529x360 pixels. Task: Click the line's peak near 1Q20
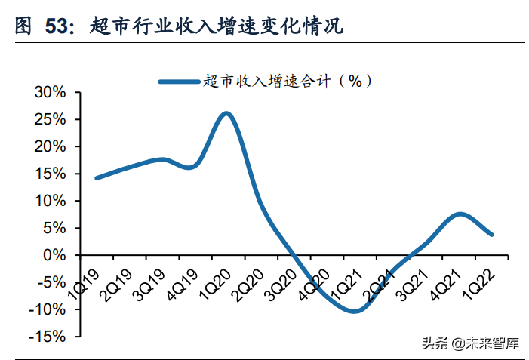pyautogui.click(x=226, y=114)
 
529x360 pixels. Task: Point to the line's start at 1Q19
pyautogui.click(x=97, y=178)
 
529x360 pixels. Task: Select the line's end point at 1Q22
pyautogui.click(x=492, y=234)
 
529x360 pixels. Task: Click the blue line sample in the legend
pyautogui.click(x=180, y=80)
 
